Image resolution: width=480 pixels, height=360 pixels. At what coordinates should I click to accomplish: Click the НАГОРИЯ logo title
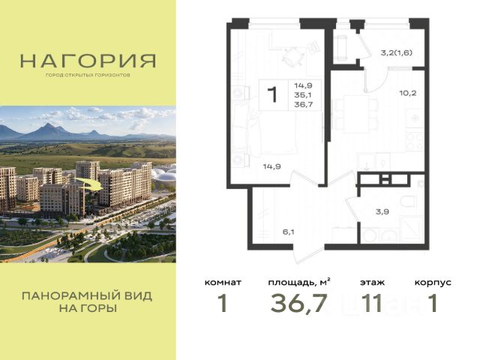(88, 61)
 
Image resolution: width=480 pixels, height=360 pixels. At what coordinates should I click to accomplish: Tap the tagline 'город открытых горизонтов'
(88, 75)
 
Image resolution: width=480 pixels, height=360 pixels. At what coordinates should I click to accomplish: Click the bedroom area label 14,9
(272, 166)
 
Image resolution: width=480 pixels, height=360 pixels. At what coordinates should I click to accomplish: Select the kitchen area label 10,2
(408, 93)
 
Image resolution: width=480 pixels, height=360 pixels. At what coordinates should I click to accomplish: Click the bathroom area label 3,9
(382, 211)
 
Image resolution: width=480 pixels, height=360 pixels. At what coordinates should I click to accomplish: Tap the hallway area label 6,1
(288, 232)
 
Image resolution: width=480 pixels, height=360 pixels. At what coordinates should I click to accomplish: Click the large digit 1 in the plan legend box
(272, 94)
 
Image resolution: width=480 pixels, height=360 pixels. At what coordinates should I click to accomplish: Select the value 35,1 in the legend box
(303, 95)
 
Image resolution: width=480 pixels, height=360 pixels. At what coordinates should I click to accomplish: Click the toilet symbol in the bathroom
(408, 202)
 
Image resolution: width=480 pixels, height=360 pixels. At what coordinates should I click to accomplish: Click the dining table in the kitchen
(356, 114)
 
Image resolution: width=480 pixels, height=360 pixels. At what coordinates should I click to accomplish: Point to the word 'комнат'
(223, 282)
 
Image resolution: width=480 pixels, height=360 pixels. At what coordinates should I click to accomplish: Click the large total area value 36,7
(298, 303)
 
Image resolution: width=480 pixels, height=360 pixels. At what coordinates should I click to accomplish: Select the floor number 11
(372, 303)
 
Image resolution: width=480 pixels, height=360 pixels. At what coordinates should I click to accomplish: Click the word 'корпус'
(433, 283)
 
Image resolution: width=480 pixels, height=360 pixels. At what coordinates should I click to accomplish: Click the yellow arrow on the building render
(88, 184)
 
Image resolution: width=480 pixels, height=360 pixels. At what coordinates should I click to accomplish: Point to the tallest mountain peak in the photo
(47, 124)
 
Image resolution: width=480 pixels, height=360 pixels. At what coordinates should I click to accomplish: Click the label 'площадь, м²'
(299, 282)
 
